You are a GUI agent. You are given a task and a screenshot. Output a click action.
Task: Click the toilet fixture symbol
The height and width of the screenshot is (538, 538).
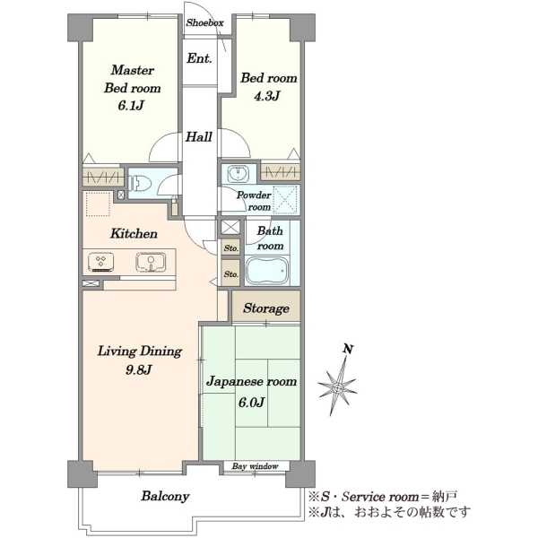[139, 183]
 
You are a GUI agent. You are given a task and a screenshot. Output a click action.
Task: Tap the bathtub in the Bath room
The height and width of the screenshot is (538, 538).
[267, 271]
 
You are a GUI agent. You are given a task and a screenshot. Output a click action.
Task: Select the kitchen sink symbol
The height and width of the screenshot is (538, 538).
[151, 263]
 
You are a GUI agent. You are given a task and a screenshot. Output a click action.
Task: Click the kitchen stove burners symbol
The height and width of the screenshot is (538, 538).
[100, 263]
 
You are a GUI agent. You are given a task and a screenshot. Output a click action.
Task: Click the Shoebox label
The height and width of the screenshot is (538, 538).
[204, 22]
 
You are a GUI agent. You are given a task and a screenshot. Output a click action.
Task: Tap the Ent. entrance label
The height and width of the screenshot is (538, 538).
[199, 58]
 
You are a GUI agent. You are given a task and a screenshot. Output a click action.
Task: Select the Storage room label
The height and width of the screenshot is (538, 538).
[266, 308]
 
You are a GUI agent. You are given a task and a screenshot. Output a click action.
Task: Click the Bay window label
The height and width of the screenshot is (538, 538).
[255, 466]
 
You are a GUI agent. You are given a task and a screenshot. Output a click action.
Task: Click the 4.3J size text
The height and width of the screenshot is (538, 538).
[267, 96]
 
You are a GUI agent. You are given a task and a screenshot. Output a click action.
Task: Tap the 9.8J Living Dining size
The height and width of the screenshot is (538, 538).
[139, 369]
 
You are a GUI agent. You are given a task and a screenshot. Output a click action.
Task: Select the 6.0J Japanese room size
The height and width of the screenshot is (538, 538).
[251, 402]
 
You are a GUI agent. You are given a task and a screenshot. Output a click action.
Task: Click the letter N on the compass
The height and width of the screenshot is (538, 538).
[348, 350]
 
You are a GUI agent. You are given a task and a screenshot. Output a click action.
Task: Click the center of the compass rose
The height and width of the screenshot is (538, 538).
[338, 387]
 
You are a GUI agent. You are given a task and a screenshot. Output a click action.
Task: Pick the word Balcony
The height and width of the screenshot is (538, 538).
[165, 497]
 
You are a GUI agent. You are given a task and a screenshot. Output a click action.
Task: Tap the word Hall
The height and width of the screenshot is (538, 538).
[199, 137]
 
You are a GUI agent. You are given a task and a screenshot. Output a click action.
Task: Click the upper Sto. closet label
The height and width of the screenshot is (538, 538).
[231, 248]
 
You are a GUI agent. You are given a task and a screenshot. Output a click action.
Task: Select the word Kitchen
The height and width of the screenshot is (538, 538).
[134, 234]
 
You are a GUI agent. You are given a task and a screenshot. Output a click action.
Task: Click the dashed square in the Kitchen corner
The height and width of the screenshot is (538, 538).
[98, 204]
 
